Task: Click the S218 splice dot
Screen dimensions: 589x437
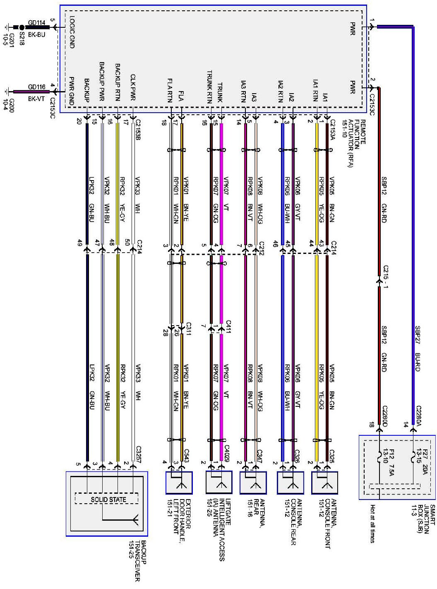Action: click(x=22, y=27)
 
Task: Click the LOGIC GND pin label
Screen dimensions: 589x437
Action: click(x=72, y=32)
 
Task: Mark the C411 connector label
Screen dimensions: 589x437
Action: click(x=228, y=327)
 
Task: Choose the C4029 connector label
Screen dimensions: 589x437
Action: click(x=227, y=454)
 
